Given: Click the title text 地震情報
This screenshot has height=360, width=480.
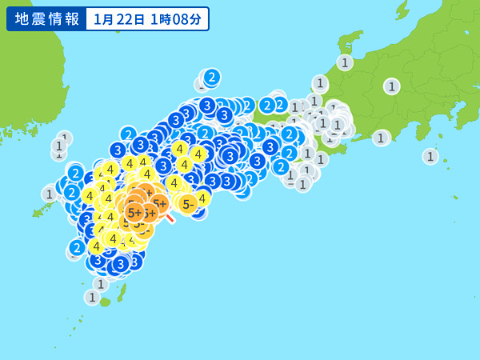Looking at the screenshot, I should click(45, 18).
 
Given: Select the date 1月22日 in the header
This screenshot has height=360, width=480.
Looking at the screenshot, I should click(118, 18).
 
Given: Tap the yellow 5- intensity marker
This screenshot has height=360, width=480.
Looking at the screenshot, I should click(188, 204).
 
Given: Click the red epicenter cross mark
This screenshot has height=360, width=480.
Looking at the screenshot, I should click(170, 218).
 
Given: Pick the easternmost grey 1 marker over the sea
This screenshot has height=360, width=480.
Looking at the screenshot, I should click(430, 156).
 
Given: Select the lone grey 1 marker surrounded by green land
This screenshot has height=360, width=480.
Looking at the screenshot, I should click(391, 86).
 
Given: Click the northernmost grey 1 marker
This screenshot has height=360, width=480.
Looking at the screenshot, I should click(345, 62).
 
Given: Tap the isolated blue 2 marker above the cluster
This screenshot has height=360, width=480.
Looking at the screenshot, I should click(211, 77).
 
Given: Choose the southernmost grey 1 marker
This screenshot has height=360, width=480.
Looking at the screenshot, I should click(92, 298).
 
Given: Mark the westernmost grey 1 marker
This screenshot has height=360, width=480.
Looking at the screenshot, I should click(50, 194).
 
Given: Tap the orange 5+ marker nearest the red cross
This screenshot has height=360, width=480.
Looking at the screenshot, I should click(159, 203).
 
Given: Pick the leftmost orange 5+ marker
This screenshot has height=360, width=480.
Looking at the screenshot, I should click(134, 213).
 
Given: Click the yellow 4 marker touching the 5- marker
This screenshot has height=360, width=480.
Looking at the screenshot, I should click(202, 198).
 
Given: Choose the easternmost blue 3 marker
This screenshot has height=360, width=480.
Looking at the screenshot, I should click(270, 146).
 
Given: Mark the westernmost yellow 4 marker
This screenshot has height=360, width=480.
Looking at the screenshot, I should click(90, 196).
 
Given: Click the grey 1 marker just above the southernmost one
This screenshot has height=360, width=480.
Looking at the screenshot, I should click(101, 284).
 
